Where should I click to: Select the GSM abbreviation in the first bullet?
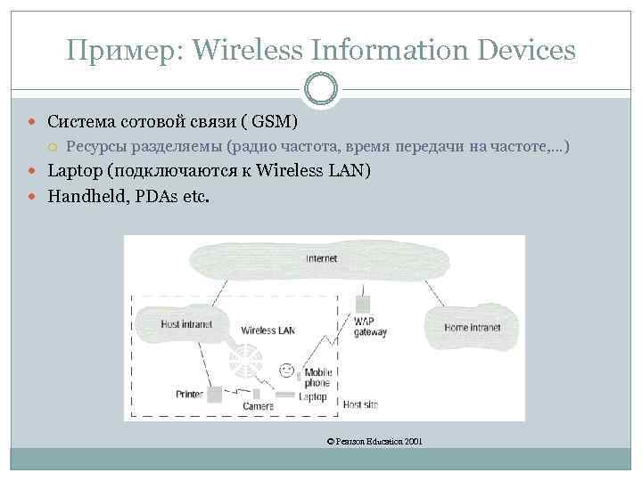pyautogui.click(x=273, y=121)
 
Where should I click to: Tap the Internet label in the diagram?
pyautogui.click(x=321, y=259)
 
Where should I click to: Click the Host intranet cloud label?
pyautogui.click(x=186, y=324)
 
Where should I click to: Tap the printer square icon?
pyautogui.click(x=215, y=393)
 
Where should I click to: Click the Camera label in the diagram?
pyautogui.click(x=259, y=406)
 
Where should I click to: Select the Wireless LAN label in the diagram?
pyautogui.click(x=267, y=330)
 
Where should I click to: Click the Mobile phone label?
pyautogui.click(x=317, y=378)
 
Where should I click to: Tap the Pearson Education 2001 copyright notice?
pyautogui.click(x=374, y=441)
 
